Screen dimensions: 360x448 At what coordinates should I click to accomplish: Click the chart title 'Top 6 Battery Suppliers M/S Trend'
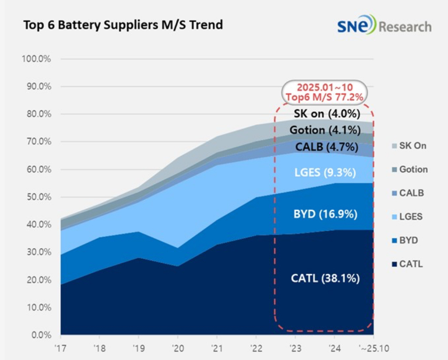click(123, 24)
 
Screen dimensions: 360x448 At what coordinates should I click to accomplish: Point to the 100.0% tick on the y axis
click(37, 59)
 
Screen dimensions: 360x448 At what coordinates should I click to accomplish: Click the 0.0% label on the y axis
click(40, 335)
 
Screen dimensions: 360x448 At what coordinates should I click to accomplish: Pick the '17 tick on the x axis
click(61, 348)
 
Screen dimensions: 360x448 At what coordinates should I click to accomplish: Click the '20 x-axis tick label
click(178, 348)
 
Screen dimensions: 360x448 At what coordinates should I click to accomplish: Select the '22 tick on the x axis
click(256, 348)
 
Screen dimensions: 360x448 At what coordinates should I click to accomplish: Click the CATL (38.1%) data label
click(325, 278)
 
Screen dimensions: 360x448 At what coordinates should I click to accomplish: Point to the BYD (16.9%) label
click(325, 214)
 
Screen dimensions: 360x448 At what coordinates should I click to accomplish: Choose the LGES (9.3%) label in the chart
click(325, 173)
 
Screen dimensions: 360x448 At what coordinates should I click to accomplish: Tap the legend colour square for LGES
click(395, 217)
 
